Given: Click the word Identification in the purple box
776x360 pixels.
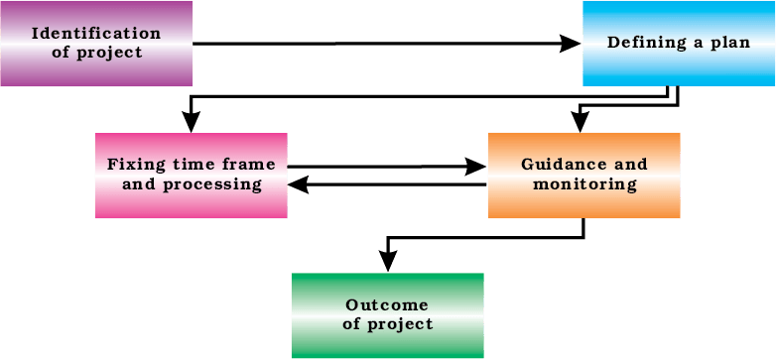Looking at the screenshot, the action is pyautogui.click(x=96, y=34).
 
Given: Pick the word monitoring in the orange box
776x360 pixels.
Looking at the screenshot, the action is pyautogui.click(x=584, y=185).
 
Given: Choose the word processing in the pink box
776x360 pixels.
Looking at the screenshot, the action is pyautogui.click(x=212, y=185).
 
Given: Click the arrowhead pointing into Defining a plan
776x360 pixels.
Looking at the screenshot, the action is pyautogui.click(x=571, y=44).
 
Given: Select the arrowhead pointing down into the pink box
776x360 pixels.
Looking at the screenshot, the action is pyautogui.click(x=192, y=122).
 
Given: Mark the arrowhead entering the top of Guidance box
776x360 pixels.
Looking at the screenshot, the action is pyautogui.click(x=581, y=122).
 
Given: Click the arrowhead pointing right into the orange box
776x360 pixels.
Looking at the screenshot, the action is pyautogui.click(x=476, y=167).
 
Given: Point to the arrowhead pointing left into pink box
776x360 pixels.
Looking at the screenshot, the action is pyautogui.click(x=299, y=184).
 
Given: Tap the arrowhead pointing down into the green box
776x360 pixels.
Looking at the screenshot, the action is pyautogui.click(x=387, y=262).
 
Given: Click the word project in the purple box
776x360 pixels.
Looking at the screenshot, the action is pyautogui.click(x=108, y=53).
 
